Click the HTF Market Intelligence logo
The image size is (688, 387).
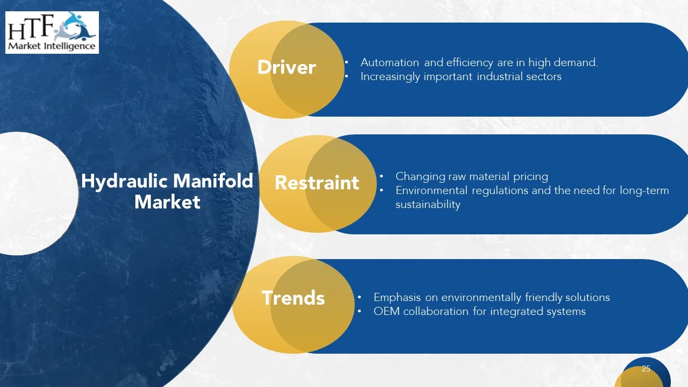pos(52,32)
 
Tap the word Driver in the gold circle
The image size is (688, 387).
pos(286,68)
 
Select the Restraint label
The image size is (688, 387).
pos(317,183)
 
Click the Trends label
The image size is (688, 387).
pos(293,298)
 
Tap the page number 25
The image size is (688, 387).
pos(646,369)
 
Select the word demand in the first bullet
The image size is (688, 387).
pos(577,62)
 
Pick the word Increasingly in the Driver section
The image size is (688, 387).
pos(390,77)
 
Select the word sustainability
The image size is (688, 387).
pos(428,204)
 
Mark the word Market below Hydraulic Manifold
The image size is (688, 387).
pos(167,202)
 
